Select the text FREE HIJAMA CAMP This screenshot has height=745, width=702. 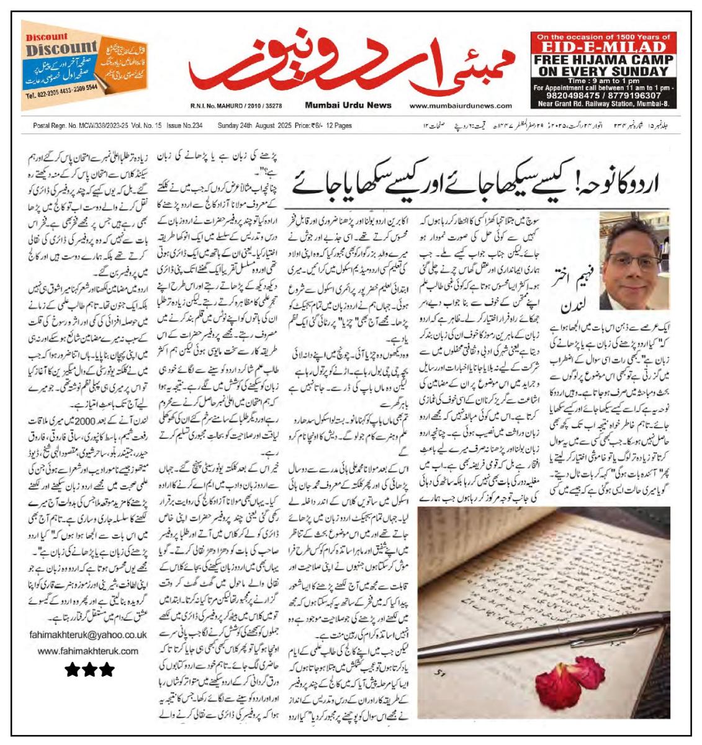click(604, 60)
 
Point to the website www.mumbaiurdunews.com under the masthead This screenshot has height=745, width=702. click(461, 106)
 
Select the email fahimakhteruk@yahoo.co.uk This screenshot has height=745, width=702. click(88, 634)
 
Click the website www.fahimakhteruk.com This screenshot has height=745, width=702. click(88, 651)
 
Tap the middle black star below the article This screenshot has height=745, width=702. click(89, 669)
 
